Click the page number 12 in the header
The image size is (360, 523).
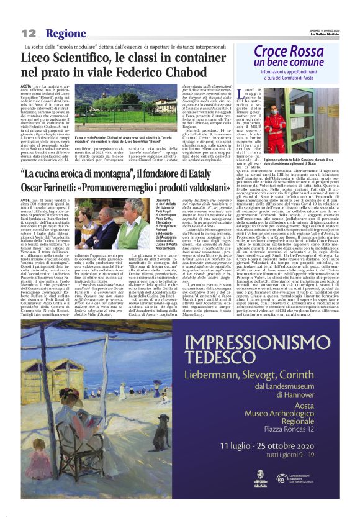tap(29, 33)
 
